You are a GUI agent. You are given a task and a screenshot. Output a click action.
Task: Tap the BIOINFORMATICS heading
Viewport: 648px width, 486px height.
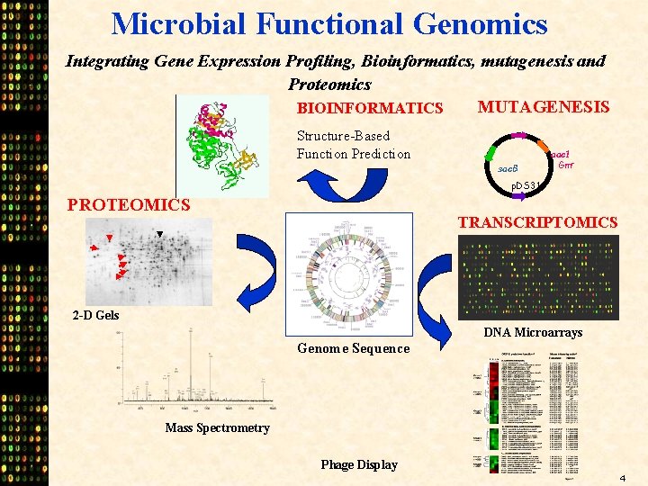pos(370,109)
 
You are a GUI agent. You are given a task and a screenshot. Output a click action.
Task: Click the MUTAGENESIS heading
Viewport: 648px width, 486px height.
pos(543,107)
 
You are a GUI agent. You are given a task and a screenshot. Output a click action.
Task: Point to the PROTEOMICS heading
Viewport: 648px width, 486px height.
pos(129,205)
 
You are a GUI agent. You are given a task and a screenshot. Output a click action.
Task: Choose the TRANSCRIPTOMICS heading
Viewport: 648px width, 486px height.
pos(537,222)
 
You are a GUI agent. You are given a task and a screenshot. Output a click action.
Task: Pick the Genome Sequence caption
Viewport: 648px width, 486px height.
pos(353,348)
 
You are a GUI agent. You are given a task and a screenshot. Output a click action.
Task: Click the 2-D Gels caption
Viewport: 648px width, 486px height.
pos(95,315)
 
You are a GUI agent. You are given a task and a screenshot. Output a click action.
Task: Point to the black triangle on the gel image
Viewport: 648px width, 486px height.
pos(159,235)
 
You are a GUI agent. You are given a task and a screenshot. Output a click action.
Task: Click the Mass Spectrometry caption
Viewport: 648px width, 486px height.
pos(217,427)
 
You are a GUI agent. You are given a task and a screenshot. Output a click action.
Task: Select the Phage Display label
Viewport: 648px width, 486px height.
pos(358,464)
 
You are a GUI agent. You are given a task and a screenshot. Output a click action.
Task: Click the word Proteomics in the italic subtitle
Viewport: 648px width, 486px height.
pos(329,85)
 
